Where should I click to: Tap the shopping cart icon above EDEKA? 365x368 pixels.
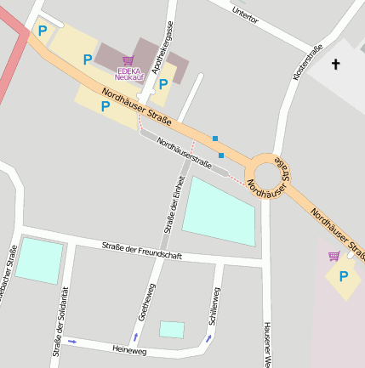[x=128, y=60]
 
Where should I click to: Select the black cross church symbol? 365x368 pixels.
[x=335, y=64]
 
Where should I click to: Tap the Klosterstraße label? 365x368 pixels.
[x=307, y=62]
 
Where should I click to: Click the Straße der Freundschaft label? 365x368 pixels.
[x=142, y=250]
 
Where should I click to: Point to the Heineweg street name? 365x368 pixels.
[x=129, y=348]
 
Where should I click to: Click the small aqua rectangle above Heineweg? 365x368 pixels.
[x=172, y=330]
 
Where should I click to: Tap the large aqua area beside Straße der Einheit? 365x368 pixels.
[x=219, y=210]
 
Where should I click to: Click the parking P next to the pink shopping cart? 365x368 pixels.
[x=344, y=276]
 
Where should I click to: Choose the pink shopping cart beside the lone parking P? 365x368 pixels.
[x=334, y=256]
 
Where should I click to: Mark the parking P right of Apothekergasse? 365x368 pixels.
[x=163, y=83]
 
